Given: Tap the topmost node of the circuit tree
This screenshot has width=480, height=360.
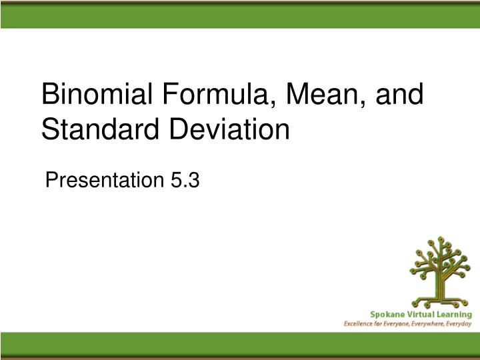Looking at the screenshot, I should pos(439,238).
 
